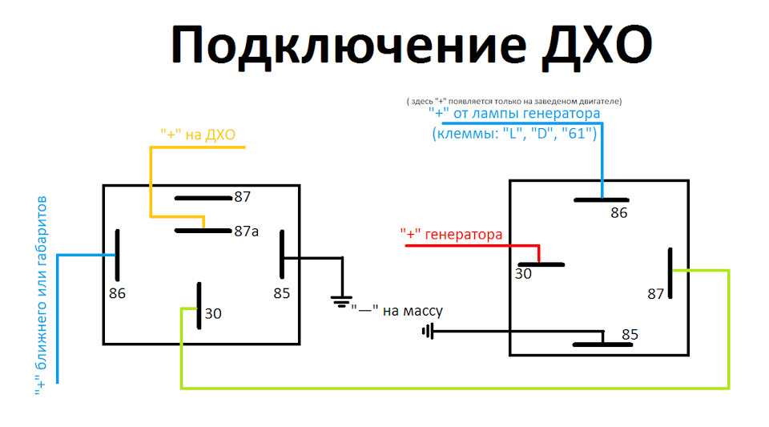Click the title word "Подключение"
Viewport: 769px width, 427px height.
348,47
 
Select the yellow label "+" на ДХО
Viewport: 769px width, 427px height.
198,135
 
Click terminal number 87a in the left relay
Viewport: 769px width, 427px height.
246,231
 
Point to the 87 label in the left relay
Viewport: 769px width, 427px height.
242,196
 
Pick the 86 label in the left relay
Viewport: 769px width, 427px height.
117,293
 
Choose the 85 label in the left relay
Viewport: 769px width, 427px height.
281,293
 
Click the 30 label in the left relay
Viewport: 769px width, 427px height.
213,313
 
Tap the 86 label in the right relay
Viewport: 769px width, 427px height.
619,213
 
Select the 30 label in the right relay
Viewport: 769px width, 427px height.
523,273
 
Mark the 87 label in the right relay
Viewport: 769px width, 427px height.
656,294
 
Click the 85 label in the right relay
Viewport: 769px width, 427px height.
630,334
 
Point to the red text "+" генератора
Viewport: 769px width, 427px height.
451,235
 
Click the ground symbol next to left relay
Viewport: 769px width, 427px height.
341,301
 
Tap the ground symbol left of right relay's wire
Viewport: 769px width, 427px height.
428,332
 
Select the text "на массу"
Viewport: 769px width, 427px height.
413,311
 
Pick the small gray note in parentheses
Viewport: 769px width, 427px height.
514,102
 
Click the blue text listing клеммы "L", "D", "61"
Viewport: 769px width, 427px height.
514,133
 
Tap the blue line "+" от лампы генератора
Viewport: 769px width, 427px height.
514,114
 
